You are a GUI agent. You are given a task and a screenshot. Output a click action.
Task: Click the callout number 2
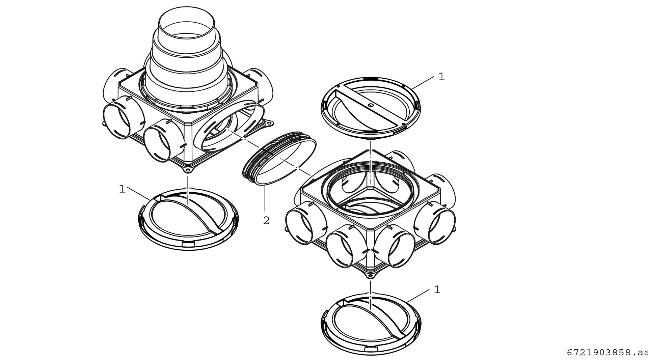266,221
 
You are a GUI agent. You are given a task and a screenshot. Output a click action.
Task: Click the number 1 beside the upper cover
442,77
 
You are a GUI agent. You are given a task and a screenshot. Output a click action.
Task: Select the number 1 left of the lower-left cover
122,189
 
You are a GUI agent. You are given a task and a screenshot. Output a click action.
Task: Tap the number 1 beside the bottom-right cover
437,290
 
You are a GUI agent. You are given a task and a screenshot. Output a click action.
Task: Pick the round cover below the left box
189,219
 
